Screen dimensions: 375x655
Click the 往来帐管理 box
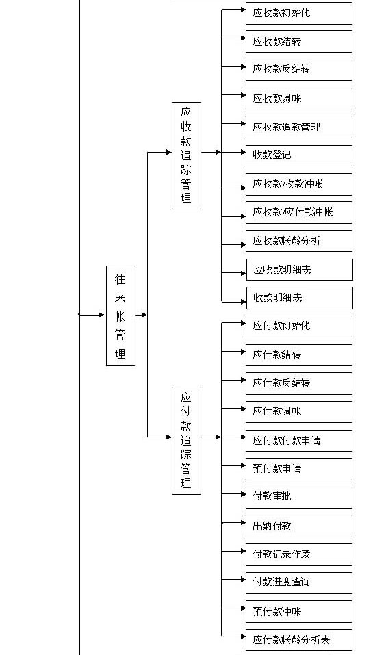(x=120, y=316)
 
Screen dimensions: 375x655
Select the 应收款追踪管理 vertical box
(x=186, y=155)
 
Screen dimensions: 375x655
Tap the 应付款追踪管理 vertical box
(x=186, y=441)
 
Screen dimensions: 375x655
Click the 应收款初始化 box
(x=298, y=14)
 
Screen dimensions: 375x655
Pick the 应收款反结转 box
(x=298, y=70)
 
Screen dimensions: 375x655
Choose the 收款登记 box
(x=298, y=155)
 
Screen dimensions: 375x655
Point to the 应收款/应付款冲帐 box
(x=298, y=213)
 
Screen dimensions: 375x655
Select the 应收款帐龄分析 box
(x=298, y=241)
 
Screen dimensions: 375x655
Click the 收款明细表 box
(x=300, y=298)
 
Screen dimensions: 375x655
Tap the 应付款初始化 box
(x=298, y=326)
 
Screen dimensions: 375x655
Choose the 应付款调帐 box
(x=298, y=412)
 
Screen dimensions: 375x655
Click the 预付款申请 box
(x=298, y=469)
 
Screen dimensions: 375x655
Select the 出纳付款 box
(x=298, y=526)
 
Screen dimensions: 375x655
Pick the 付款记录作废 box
(x=298, y=555)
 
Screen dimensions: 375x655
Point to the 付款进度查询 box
(x=298, y=582)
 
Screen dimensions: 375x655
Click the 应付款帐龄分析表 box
(x=298, y=640)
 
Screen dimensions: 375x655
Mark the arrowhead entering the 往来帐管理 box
(x=103, y=315)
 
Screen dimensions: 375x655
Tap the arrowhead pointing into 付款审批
(x=243, y=494)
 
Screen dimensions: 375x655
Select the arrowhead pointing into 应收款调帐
(x=243, y=95)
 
